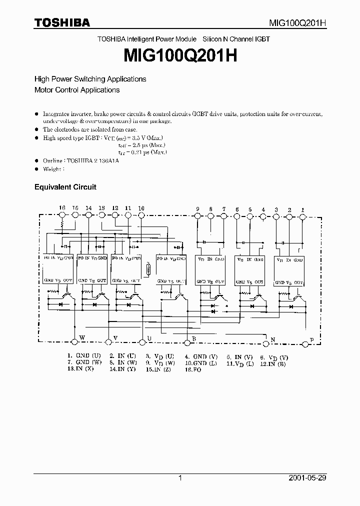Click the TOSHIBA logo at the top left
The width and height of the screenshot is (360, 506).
coord(62,22)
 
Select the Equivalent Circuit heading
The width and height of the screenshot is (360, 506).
coord(65,187)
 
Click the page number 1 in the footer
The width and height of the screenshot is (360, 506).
coord(180,478)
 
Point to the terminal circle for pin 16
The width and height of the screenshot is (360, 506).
coord(62,215)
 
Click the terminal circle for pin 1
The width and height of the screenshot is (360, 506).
coord(302,215)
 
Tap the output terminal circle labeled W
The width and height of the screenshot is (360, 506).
coord(74,341)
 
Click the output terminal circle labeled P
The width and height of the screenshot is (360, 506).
coord(305,343)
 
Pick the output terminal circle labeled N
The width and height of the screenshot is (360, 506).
coord(265,342)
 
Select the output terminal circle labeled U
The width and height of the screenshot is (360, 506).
coord(143,341)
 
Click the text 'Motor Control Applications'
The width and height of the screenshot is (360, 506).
coord(76,90)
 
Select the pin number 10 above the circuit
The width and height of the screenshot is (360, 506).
coord(141,208)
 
